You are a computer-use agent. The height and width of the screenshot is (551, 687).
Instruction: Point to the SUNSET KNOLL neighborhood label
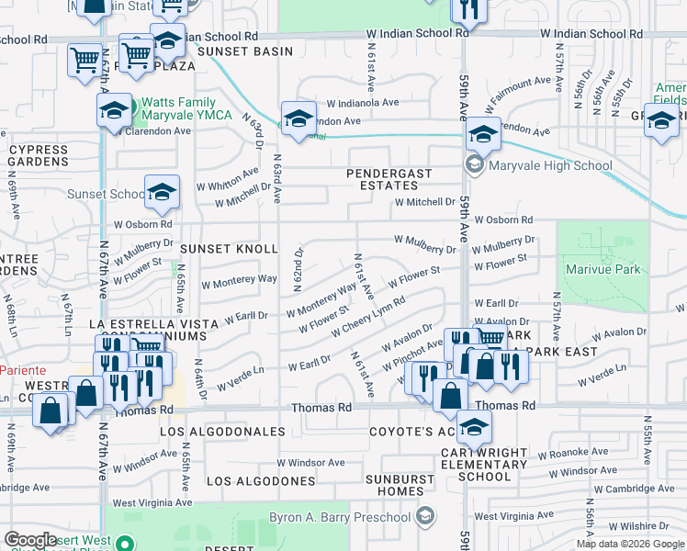coord(229,250)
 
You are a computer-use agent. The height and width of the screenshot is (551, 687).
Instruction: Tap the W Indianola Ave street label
coord(363,104)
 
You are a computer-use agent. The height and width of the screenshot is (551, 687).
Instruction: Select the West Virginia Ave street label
coord(152,503)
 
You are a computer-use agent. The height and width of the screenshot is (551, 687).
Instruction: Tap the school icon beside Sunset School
coord(162,192)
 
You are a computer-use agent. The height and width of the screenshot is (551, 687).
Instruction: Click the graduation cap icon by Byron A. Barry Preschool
coord(425,517)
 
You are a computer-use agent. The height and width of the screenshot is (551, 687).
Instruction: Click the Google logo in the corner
coord(30,540)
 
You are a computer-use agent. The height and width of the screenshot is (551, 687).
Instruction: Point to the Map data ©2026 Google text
coord(630,544)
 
